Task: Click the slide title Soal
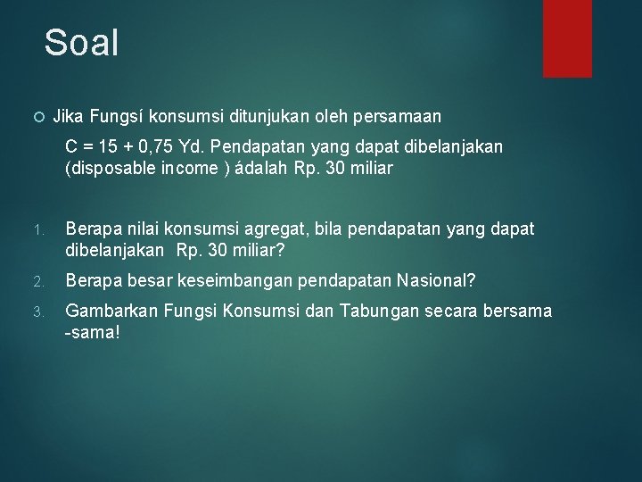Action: click(x=81, y=43)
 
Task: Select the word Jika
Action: click(x=67, y=116)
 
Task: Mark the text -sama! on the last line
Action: click(x=92, y=332)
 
